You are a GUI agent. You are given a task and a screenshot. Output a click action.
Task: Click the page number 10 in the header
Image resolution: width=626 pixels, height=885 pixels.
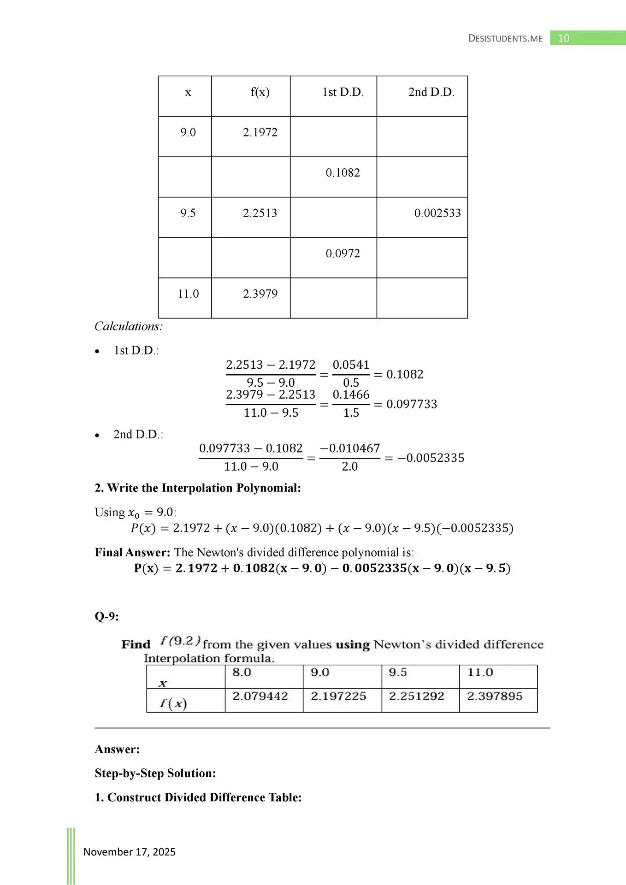[563, 38]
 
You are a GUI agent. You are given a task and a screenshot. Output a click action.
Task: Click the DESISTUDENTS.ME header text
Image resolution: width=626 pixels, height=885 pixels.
[505, 39]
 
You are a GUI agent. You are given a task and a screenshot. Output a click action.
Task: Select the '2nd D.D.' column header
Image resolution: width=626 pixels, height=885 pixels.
[431, 92]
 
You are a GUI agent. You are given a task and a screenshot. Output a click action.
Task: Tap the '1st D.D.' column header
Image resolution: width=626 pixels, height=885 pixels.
[343, 92]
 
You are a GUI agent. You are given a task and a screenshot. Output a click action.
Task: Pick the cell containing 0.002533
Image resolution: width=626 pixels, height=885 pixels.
[437, 213]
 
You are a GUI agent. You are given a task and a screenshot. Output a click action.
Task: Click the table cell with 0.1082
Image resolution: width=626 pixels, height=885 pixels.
[343, 173]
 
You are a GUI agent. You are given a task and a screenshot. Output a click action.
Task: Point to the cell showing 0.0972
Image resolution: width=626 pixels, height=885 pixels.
[343, 254]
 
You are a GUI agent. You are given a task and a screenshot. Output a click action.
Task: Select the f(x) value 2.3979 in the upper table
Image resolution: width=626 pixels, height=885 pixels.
[260, 294]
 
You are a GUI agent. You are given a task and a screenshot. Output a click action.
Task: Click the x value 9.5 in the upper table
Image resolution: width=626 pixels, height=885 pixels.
[188, 213]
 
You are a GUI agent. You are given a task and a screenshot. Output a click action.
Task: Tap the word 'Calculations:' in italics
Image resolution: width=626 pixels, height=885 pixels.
[129, 326]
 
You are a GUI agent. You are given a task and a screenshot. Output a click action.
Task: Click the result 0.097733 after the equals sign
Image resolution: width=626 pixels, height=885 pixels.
[412, 404]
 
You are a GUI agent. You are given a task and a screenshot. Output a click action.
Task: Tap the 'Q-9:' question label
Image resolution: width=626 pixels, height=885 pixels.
[106, 616]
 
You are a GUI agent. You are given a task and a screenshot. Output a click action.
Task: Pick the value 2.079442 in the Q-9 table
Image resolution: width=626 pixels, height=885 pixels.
[260, 696]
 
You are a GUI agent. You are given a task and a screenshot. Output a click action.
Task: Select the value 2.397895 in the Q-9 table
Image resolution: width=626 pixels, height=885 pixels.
[495, 696]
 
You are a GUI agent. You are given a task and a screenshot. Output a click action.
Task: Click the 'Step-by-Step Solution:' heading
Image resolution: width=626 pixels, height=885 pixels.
[155, 773]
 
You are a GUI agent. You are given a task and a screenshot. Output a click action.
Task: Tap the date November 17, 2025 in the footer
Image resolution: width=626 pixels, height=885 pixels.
[130, 852]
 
